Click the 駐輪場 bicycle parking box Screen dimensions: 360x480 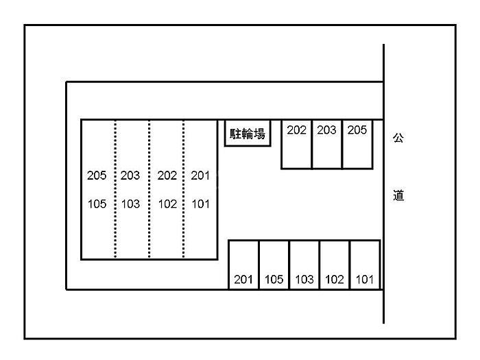pyautogui.click(x=248, y=133)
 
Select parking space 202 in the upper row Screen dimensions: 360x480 pyautogui.click(x=296, y=144)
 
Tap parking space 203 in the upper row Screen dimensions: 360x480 pyautogui.click(x=327, y=144)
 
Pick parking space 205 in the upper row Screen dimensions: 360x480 pyautogui.click(x=357, y=144)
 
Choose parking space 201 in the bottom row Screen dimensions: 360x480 pyautogui.click(x=243, y=265)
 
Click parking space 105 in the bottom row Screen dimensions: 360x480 pyautogui.click(x=274, y=265)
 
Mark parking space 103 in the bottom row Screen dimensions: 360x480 pyautogui.click(x=304, y=265)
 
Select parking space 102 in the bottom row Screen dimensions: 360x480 pyautogui.click(x=335, y=265)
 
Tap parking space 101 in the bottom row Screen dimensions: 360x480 pyautogui.click(x=365, y=265)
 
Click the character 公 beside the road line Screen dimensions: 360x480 pyautogui.click(x=398, y=138)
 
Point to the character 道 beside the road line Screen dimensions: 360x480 pyautogui.click(x=398, y=195)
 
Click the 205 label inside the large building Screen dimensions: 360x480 pyautogui.click(x=97, y=176)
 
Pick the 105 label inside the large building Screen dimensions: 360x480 pyautogui.click(x=97, y=204)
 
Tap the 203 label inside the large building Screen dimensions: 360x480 pyautogui.click(x=130, y=176)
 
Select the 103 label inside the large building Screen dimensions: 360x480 pyautogui.click(x=130, y=204)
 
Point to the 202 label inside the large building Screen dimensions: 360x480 pyautogui.click(x=167, y=176)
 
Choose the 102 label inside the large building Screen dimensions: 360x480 pyautogui.click(x=167, y=204)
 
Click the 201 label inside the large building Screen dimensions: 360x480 pyautogui.click(x=200, y=176)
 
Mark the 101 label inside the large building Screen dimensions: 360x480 pyautogui.click(x=200, y=204)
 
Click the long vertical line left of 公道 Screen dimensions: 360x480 pyautogui.click(x=383, y=206)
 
